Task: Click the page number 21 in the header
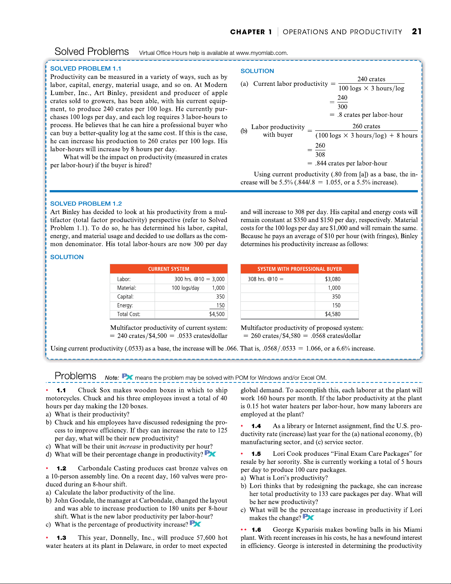point(417,32)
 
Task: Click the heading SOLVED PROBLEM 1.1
point(85,69)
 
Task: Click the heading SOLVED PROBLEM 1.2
point(86,203)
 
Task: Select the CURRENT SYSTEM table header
point(169,269)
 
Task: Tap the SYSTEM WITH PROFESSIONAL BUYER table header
point(299,269)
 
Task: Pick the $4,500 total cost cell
point(216,314)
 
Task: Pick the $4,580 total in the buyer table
point(332,314)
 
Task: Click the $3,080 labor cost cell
point(332,279)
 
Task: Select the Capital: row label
point(125,297)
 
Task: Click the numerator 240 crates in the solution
point(371,79)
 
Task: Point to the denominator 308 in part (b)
point(320,155)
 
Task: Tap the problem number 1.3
point(61,538)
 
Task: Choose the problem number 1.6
point(256,530)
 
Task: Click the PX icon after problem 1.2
point(195,524)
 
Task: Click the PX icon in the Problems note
point(127,377)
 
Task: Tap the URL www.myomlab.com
point(261,53)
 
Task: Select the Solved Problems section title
point(92,52)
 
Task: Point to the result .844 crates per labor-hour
point(351,164)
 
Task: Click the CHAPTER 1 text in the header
point(251,32)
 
